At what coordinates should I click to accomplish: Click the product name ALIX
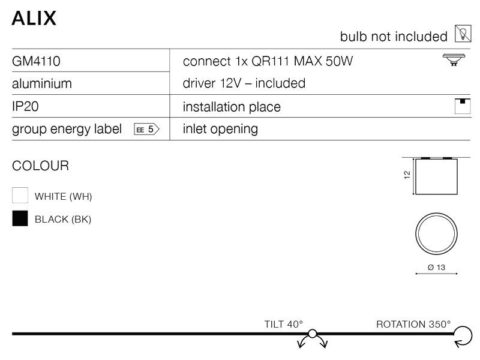pos(34,18)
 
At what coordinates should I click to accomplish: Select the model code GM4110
pos(36,61)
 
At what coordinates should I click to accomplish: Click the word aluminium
pos(42,83)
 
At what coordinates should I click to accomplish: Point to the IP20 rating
pos(26,106)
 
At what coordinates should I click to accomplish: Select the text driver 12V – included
pos(244,83)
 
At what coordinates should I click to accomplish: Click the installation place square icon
pos(461,106)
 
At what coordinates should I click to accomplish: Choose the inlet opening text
pos(220,129)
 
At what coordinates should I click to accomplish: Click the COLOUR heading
pos(41,166)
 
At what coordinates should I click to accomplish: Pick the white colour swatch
pos(20,196)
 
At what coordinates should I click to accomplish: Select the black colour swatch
pos(20,219)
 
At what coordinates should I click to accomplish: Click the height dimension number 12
pos(407,175)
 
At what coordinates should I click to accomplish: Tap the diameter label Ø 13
pos(436,267)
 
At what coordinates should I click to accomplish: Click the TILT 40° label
pos(284,324)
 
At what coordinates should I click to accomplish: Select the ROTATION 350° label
pos(413,324)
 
